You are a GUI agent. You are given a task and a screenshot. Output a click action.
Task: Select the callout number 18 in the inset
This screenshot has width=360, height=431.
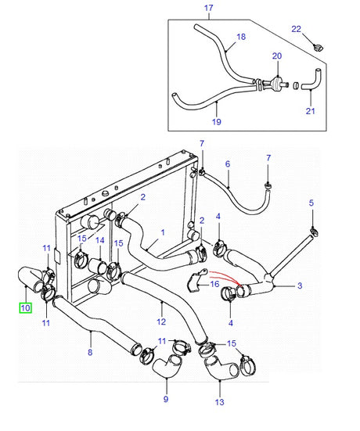pos(241,37)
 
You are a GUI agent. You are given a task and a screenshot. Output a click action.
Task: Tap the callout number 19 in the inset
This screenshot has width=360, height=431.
pos(217,122)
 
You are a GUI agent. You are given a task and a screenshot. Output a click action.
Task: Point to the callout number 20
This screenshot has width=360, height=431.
pos(276,56)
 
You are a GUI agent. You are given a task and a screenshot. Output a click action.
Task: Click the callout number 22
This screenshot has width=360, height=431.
pos(297,29)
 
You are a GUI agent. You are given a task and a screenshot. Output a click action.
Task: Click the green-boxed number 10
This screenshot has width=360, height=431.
pos(25,308)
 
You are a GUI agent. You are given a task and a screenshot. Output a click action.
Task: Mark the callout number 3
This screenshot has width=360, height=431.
pos(300,287)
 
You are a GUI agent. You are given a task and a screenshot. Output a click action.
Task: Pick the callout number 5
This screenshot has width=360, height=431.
pos(311,202)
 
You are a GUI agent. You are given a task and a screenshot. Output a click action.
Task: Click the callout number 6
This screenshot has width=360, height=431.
pos(228,165)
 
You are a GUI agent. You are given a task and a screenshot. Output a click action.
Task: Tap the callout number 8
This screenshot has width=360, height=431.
pos(90,353)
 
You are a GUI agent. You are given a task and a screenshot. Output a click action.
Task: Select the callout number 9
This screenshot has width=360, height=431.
pos(165,400)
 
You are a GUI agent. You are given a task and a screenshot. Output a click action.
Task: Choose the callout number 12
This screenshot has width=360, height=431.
pos(161,321)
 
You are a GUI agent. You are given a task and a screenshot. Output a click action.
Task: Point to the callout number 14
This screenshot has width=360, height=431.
pos(99,241)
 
